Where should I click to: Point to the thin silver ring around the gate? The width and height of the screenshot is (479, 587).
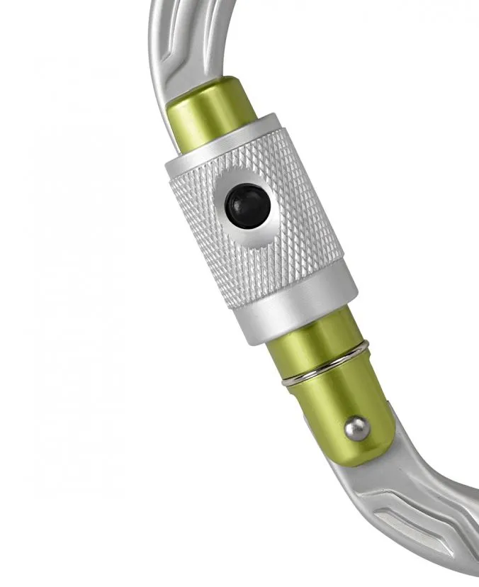(x=325, y=363)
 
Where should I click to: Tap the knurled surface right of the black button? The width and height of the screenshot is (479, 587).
(x=305, y=206)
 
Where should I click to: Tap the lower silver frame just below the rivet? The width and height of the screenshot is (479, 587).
(x=368, y=482)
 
